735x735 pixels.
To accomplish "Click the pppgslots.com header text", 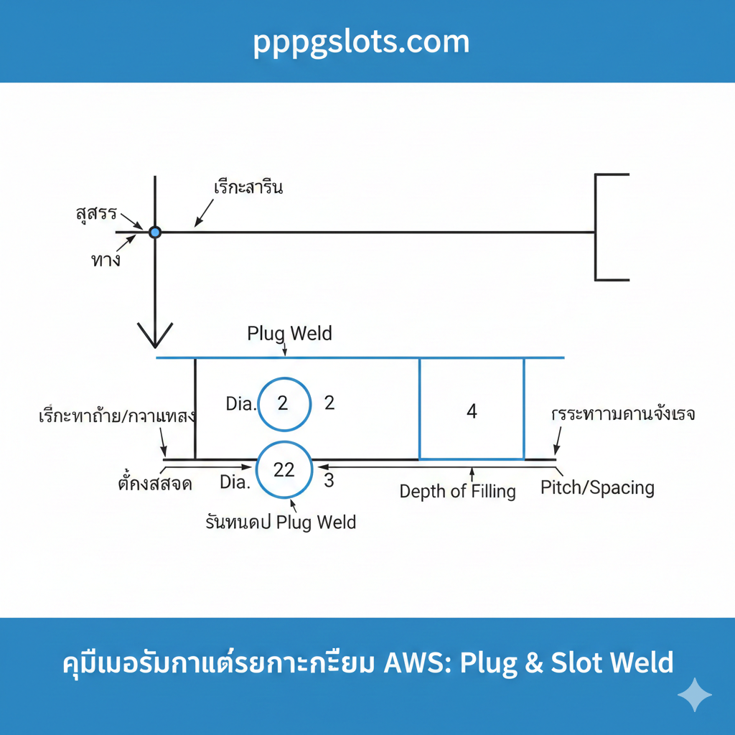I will (361, 42).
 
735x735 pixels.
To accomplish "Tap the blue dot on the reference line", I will (154, 232).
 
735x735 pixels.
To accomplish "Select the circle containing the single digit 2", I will (284, 403).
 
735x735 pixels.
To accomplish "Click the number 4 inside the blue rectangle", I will (472, 411).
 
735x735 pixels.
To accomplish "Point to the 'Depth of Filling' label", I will (457, 492).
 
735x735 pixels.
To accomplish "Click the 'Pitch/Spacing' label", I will (597, 488).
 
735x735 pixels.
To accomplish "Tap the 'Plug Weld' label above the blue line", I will (289, 334).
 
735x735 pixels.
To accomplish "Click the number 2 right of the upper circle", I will (329, 403).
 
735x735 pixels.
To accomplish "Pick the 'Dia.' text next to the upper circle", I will (240, 404).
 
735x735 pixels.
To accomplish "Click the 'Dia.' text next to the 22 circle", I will (235, 482).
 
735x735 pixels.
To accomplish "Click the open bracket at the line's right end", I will (610, 227).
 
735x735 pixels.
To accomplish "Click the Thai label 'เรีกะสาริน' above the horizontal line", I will (248, 188).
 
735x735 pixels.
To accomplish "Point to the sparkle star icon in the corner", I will (695, 695).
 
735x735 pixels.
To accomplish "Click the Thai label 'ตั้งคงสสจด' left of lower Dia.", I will (154, 483).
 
